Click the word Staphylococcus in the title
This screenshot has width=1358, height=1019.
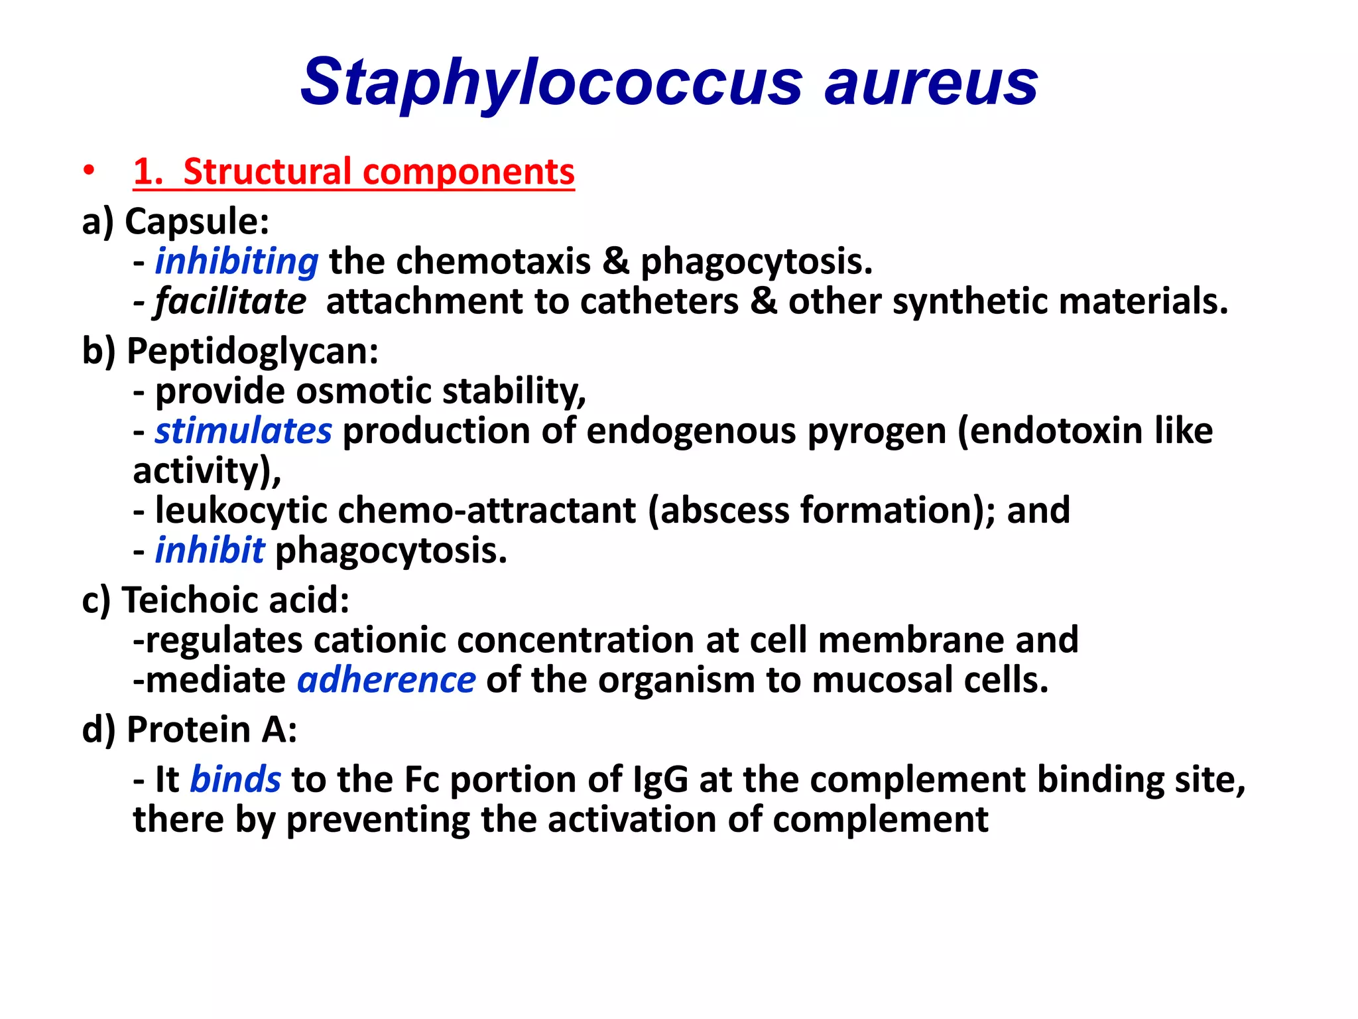pyautogui.click(x=551, y=82)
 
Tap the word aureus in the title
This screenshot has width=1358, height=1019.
pyautogui.click(x=931, y=84)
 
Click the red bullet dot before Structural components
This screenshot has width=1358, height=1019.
pyautogui.click(x=88, y=171)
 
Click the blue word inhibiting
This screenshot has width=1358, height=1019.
pyautogui.click(x=237, y=261)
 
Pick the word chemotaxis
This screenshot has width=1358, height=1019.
pyautogui.click(x=493, y=261)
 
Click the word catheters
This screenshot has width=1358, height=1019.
pyautogui.click(x=659, y=301)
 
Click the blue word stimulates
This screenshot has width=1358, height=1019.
pyautogui.click(x=243, y=431)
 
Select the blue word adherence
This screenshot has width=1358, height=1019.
pyautogui.click(x=386, y=681)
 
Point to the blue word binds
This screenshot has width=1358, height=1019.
pyautogui.click(x=235, y=779)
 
